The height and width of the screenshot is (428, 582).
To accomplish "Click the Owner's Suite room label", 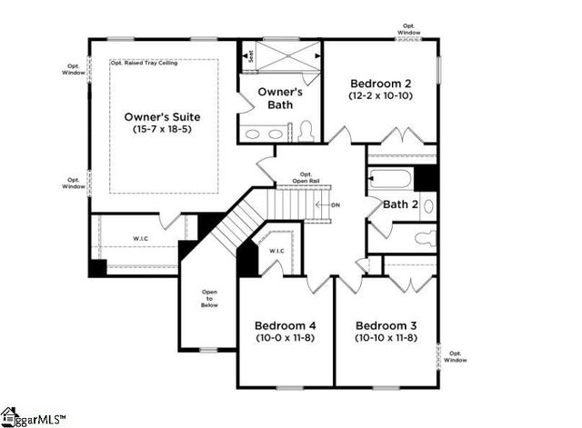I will click(162, 117).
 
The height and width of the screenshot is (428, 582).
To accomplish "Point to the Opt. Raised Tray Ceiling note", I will click(144, 64).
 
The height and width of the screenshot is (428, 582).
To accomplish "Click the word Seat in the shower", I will click(250, 55).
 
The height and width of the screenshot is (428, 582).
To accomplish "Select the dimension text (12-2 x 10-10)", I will click(380, 95).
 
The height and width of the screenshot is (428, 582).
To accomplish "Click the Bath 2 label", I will click(400, 204).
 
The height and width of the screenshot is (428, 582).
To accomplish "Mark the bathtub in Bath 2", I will click(390, 178).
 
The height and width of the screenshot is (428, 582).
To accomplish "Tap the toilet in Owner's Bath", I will click(306, 131).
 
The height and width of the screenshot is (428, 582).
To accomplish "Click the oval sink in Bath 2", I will click(428, 206).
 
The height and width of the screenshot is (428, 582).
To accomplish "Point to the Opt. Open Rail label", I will click(306, 177).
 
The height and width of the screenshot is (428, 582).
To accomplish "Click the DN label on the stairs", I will click(335, 205).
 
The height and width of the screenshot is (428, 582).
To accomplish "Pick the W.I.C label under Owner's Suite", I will click(141, 239).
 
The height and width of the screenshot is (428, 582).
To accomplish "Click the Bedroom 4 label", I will click(286, 325).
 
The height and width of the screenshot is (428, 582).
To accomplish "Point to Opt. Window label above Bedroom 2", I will click(408, 30).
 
